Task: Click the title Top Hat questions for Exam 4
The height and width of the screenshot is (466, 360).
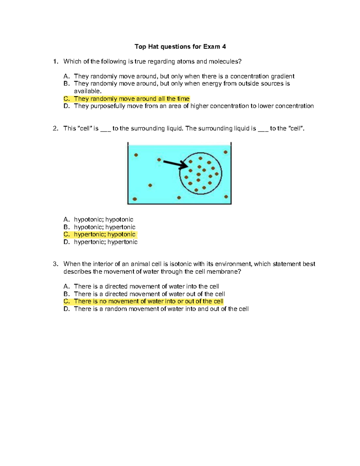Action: pyautogui.click(x=180, y=47)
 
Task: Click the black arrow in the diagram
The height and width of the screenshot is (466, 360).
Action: pyautogui.click(x=175, y=164)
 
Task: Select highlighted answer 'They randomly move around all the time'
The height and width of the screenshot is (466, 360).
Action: pyautogui.click(x=131, y=99)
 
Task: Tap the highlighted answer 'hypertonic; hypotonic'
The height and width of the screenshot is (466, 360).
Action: pyautogui.click(x=105, y=234)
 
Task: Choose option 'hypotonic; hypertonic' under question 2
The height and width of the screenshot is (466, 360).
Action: pyautogui.click(x=105, y=227)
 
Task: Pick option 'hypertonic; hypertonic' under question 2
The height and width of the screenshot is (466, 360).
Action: pyautogui.click(x=106, y=242)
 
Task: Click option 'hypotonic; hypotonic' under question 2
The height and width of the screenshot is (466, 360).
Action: pyautogui.click(x=103, y=220)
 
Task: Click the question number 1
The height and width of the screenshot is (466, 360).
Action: pyautogui.click(x=55, y=62)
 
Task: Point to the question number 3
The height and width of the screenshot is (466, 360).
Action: pyautogui.click(x=55, y=264)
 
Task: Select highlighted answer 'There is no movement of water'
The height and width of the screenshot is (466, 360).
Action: pyautogui.click(x=148, y=301)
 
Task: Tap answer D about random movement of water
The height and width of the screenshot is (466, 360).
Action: pyautogui.click(x=161, y=309)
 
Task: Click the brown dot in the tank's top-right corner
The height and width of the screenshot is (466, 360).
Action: pyautogui.click(x=226, y=152)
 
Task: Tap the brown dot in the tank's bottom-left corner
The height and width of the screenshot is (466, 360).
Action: pyautogui.click(x=135, y=199)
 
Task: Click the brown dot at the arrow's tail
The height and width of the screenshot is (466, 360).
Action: pyautogui.click(x=159, y=160)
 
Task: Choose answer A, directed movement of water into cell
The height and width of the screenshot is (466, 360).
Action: pyautogui.click(x=146, y=286)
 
